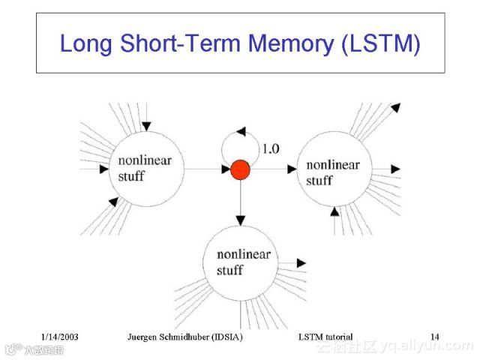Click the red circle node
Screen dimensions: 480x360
tap(239, 170)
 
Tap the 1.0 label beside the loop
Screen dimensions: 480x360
tap(269, 148)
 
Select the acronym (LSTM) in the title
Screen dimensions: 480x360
tap(380, 43)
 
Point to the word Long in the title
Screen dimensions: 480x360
tap(85, 43)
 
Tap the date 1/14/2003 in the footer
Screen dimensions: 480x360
tap(60, 337)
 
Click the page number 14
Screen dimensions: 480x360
tap(435, 337)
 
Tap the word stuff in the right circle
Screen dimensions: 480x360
tap(319, 181)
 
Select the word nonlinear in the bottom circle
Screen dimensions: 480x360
tap(244, 255)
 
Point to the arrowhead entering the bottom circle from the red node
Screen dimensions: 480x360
tap(240, 220)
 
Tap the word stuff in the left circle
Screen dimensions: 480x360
tap(131, 177)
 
